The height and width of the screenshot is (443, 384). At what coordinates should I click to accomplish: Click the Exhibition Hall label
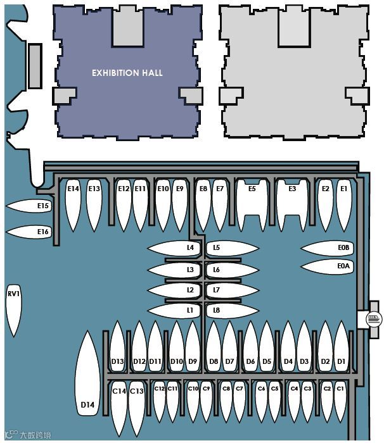click(127, 73)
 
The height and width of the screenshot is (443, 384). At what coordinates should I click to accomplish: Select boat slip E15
click(35, 206)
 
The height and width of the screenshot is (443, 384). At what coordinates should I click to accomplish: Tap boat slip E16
click(35, 232)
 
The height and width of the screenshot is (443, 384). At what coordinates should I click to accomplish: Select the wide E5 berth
click(252, 203)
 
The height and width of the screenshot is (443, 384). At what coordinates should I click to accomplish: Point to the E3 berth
click(292, 203)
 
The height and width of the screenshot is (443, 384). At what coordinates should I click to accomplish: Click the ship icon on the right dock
click(373, 318)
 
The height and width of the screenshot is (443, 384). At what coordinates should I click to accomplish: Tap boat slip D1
click(342, 354)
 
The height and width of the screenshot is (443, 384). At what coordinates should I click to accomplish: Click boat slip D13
click(118, 354)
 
